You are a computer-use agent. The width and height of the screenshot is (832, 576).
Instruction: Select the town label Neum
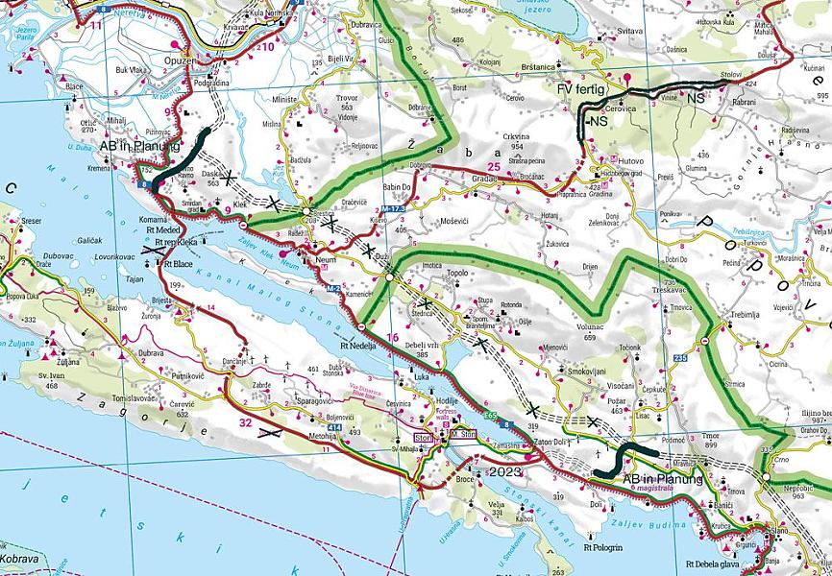328,258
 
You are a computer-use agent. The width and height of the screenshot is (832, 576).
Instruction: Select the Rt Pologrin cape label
603,548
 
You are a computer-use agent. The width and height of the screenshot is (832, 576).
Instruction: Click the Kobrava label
19,558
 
